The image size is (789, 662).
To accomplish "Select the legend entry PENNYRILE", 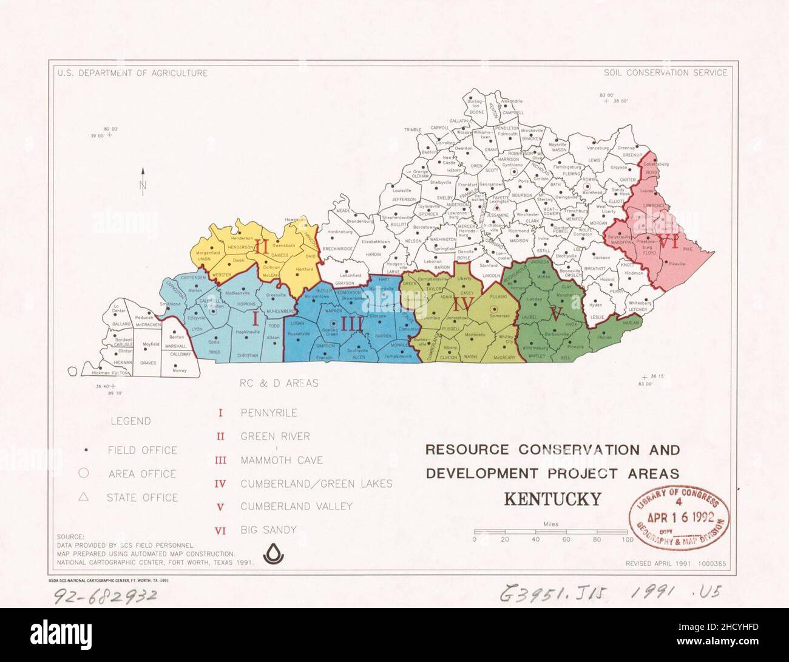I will (x=268, y=413).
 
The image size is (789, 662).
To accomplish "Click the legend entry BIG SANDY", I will (x=268, y=530).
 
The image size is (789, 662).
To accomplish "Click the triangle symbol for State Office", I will (x=84, y=497).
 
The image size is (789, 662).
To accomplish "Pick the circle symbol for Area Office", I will (x=84, y=474).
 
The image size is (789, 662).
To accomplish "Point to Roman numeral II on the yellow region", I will (x=262, y=246).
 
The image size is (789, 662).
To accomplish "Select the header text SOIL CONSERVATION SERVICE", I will (x=665, y=73).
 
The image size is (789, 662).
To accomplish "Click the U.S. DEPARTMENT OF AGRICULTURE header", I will (x=133, y=73).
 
